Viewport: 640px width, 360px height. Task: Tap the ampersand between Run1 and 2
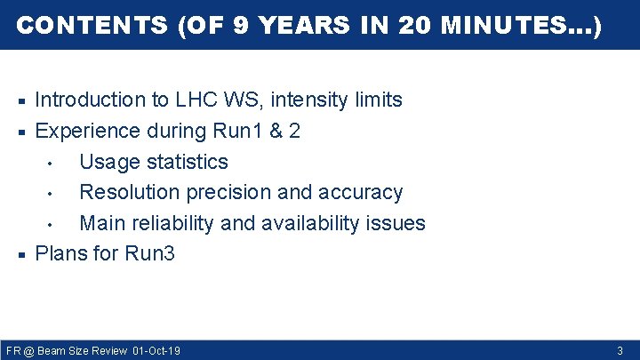pos(275,132)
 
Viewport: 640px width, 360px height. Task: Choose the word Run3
pos(149,253)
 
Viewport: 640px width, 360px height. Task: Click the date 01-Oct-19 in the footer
pos(156,351)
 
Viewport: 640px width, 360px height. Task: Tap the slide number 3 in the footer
pos(620,351)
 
